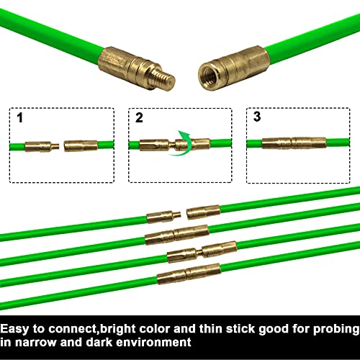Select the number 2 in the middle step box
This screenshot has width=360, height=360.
click(138, 117)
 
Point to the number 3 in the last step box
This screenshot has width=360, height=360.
click(256, 117)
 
